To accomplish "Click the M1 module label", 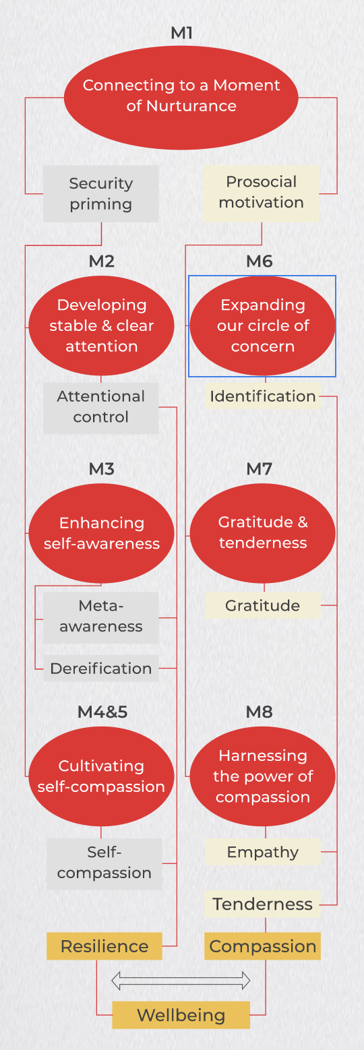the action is point(181,33).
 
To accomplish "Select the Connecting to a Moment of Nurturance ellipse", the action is point(181,98).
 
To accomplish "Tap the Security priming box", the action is point(101,193).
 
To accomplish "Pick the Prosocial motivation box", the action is point(262,193).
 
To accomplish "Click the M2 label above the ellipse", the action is point(102,261).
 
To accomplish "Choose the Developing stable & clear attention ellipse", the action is point(101,326).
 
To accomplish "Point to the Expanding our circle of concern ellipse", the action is point(263,326).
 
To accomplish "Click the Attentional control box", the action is point(101,408).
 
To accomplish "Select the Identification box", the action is point(263,396).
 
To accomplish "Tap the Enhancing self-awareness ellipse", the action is point(101,534).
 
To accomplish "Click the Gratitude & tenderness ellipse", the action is point(263,534).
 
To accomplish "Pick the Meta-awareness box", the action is point(101,617).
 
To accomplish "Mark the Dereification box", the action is point(101,668).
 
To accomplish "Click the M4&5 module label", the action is point(102,712).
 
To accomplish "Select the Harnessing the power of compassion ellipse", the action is point(263,776).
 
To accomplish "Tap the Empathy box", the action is point(263,852).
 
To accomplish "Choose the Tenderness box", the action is point(263,904).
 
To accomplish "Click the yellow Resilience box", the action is point(104,946).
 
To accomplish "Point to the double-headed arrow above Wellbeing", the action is point(181,980).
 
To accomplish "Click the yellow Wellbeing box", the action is point(181,1015).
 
